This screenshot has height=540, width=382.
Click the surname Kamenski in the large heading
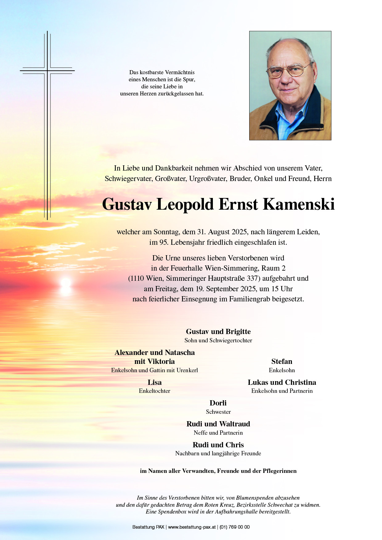(299, 204)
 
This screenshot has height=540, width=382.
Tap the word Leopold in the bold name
(185, 204)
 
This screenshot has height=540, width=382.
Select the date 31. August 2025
(222, 232)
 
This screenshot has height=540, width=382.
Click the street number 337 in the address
(252, 278)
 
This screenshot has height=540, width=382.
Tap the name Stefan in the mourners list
(282, 361)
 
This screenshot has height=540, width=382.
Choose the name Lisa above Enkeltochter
(154, 382)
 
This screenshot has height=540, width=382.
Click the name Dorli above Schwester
(218, 403)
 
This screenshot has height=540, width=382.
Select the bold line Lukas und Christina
(282, 382)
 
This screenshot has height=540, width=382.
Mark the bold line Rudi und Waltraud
(218, 424)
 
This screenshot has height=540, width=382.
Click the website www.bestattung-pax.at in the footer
(192, 527)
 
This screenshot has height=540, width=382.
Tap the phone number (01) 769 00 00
(234, 527)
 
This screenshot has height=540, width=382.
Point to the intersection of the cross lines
(47, 71)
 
